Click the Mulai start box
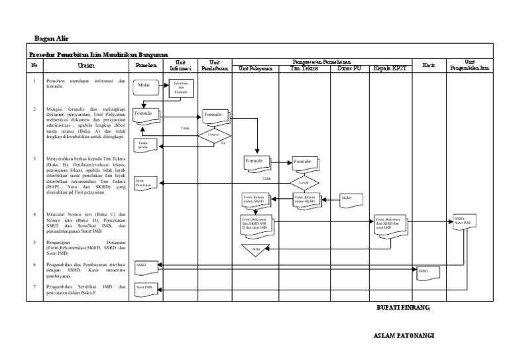(144, 86)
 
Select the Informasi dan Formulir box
(181, 88)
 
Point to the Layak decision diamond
(304, 182)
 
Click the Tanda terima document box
(144, 144)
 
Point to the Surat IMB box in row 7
(145, 288)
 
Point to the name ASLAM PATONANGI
(404, 336)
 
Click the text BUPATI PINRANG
(403, 308)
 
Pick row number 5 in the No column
(34, 243)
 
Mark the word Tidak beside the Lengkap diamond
(185, 128)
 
